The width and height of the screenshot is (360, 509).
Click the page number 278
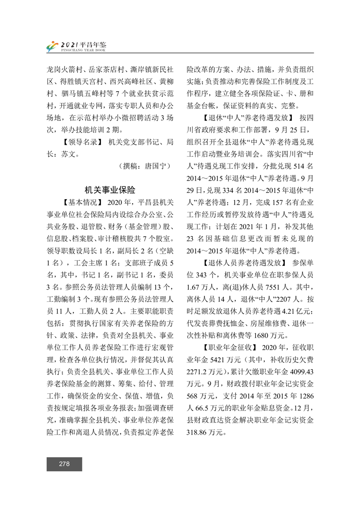(64, 464)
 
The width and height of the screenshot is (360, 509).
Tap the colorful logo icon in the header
(52, 46)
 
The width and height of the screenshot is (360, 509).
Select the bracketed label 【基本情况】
(81, 201)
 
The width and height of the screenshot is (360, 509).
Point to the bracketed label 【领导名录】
(81, 142)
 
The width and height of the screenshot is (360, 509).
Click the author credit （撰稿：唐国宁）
(144, 166)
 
